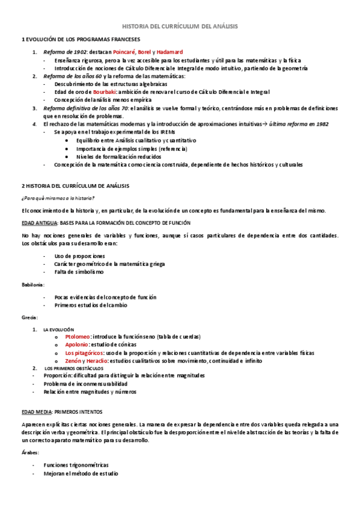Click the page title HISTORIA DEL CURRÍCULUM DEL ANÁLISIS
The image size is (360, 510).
180,26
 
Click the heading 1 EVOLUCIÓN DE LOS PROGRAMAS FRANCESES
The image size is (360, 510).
75,39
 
